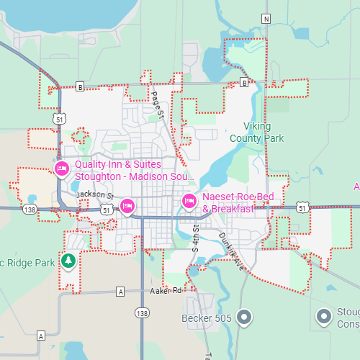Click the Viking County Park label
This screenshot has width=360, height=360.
click(x=256, y=133)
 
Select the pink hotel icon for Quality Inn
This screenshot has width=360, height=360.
click(x=62, y=169)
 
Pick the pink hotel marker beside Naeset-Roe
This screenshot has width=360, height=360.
click(x=189, y=201)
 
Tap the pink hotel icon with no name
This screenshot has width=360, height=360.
click(x=127, y=207)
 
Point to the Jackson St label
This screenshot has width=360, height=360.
click(x=95, y=194)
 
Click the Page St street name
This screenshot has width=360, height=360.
click(x=158, y=104)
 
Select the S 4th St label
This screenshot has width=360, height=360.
click(x=194, y=237)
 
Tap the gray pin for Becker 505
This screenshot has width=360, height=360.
click(x=245, y=317)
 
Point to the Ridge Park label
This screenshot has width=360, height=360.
click(x=29, y=263)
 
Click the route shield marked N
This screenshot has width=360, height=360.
click(x=266, y=18)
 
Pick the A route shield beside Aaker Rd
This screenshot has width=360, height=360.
click(x=120, y=292)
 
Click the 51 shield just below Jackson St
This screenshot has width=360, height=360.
click(x=107, y=209)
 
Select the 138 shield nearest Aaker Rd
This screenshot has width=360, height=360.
click(x=142, y=313)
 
